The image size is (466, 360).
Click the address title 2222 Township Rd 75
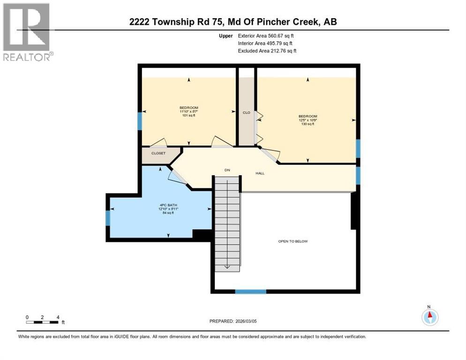[233, 22]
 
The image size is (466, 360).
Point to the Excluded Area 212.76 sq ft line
[266, 51]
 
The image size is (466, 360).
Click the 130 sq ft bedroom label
[308, 120]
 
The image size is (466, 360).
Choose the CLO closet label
[246, 112]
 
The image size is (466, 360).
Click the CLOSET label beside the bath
[158, 153]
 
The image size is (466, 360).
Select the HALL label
[260, 173]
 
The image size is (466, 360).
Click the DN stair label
[227, 170]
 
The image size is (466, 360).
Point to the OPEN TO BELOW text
[293, 241]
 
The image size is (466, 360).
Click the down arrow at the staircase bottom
[227, 266]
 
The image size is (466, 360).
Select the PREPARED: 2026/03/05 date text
[233, 321]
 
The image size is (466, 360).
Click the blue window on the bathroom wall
[108, 218]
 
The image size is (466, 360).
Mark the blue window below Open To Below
[250, 292]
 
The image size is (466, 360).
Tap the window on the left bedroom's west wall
[139, 122]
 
